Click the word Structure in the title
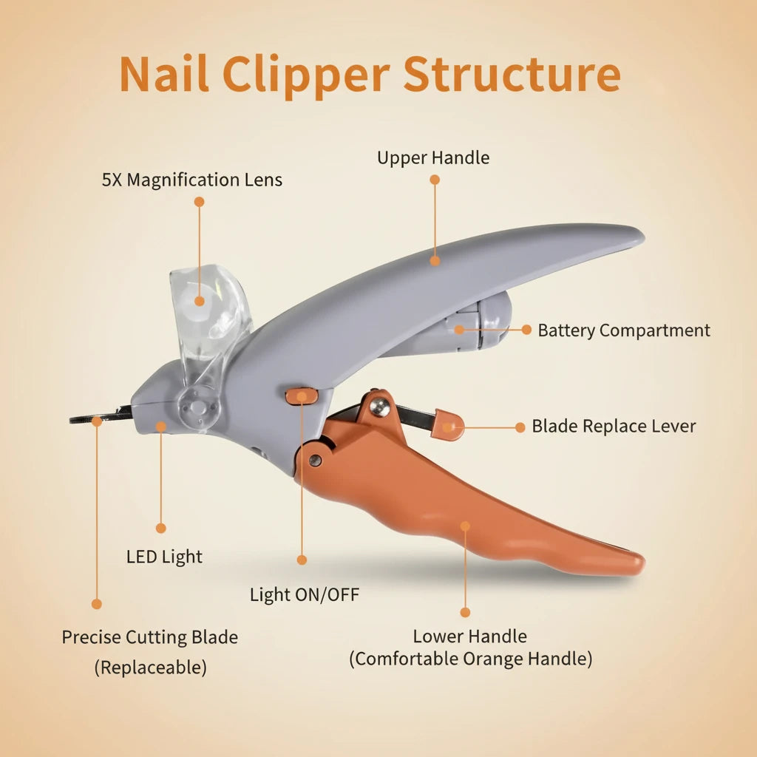point(512,74)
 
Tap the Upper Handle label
point(433,157)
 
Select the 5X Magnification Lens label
point(192,180)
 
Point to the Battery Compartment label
point(624,330)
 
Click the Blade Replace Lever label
point(614,427)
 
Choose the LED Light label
point(164,557)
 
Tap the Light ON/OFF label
point(305,594)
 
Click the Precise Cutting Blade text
point(150,637)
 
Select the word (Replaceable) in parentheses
point(150,668)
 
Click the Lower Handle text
point(470,637)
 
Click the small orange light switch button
point(302,396)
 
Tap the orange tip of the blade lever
point(449,425)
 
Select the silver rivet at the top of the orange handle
point(379,404)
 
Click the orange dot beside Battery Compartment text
point(526,330)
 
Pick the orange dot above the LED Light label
point(161,528)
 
